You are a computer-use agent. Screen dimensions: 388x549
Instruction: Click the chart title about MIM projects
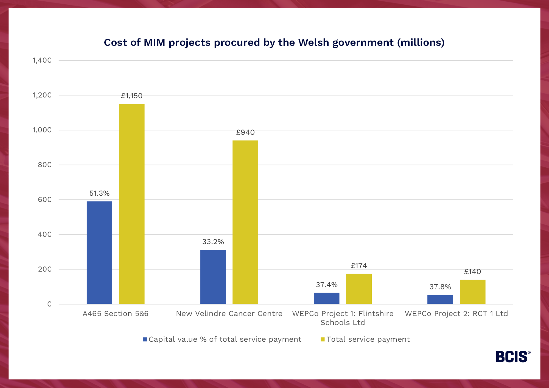click(274, 43)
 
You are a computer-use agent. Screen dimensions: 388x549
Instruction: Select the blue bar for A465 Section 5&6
click(99, 252)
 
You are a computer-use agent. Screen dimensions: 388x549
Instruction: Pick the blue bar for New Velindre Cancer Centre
click(213, 277)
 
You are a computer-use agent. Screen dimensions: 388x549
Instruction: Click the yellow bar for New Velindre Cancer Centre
click(245, 222)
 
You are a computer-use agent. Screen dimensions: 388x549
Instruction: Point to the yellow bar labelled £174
click(359, 289)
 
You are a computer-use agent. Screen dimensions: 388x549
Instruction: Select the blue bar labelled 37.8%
click(440, 299)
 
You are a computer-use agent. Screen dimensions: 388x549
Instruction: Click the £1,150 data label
click(132, 96)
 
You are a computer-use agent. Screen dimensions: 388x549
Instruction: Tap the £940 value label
click(245, 132)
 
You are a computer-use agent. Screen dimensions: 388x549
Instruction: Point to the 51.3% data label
click(99, 193)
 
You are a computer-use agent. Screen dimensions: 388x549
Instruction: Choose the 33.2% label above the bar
click(213, 242)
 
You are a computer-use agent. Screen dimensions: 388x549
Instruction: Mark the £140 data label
click(472, 272)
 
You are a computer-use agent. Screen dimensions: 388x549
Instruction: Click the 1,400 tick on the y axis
click(42, 60)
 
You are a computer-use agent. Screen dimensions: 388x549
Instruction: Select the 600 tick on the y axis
click(45, 200)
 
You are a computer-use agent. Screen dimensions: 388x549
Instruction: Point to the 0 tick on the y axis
click(49, 304)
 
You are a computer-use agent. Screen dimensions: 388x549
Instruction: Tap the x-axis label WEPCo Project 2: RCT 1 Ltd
click(456, 314)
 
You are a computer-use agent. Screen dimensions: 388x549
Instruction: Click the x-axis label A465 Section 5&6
click(116, 314)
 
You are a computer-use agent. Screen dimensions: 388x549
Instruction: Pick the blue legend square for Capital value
click(145, 339)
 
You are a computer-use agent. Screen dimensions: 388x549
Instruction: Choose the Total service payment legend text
click(368, 339)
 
